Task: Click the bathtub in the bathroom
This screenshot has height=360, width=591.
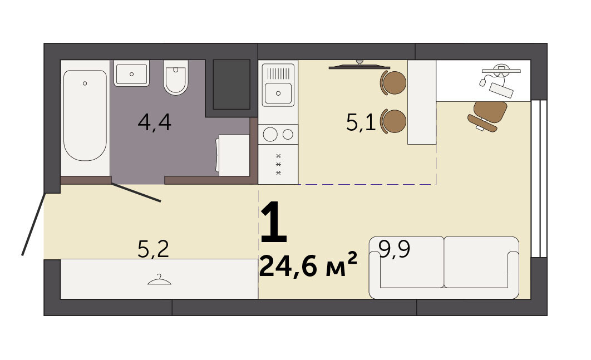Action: click(85, 115)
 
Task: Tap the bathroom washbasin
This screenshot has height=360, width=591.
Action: click(131, 74)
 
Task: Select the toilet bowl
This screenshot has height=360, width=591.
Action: click(176, 77)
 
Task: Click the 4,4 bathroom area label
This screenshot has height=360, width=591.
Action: click(155, 122)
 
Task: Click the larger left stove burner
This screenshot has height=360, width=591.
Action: click(270, 134)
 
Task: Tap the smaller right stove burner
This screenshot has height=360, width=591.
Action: click(288, 134)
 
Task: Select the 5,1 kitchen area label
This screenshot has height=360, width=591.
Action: click(361, 122)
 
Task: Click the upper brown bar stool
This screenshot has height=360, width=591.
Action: click(393, 82)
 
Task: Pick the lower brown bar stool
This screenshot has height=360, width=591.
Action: click(393, 121)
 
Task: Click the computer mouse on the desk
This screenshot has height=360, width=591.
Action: click(482, 82)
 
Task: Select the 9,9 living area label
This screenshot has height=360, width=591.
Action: click(394, 249)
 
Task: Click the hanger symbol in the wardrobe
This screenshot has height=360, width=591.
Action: click(159, 280)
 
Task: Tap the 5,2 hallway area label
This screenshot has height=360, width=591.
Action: click(153, 249)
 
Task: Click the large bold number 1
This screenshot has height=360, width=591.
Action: click(274, 222)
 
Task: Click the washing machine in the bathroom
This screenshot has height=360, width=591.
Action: click(233, 155)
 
